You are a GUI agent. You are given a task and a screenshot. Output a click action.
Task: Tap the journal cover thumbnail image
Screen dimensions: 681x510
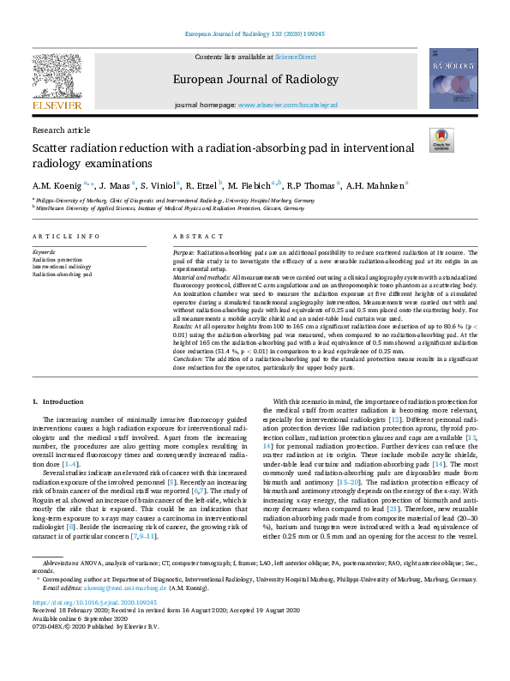pos(453,78)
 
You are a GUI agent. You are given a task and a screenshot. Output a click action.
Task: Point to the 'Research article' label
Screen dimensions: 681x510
pos(61,130)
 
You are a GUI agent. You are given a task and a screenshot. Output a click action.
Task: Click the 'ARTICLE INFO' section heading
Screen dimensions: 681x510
pos(64,236)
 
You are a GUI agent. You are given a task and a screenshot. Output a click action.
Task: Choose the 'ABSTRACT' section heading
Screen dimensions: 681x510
pos(192,236)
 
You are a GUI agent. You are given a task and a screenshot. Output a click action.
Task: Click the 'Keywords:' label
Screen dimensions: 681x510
pos(44,252)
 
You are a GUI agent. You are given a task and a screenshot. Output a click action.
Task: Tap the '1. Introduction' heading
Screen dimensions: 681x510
pos(58,401)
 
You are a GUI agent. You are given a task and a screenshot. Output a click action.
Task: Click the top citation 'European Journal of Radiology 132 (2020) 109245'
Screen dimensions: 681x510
pos(255,34)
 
